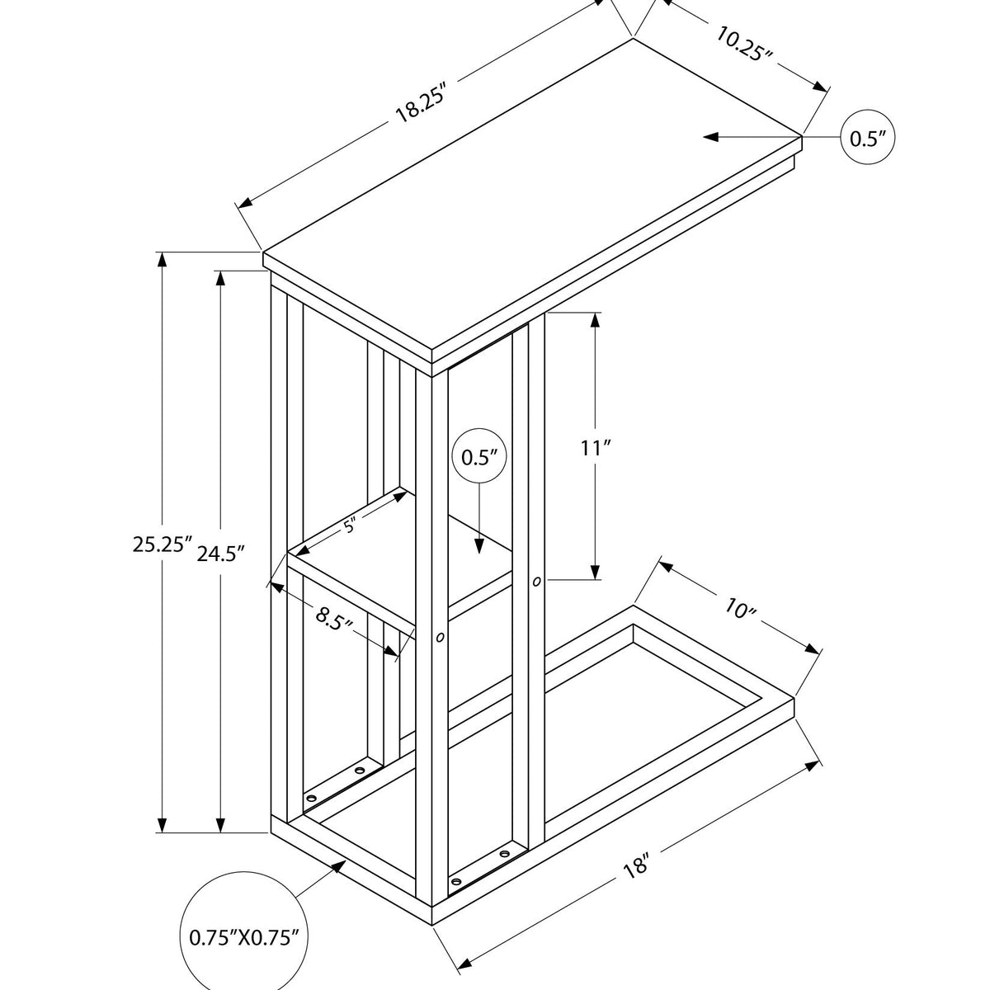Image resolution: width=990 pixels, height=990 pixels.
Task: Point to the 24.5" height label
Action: (222, 554)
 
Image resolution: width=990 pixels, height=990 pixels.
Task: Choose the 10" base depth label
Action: (741, 610)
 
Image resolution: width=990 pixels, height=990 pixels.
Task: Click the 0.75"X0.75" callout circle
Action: (243, 936)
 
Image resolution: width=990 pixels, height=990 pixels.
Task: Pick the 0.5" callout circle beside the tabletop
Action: (867, 138)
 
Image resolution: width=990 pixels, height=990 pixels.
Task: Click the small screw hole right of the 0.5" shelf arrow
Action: (537, 582)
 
